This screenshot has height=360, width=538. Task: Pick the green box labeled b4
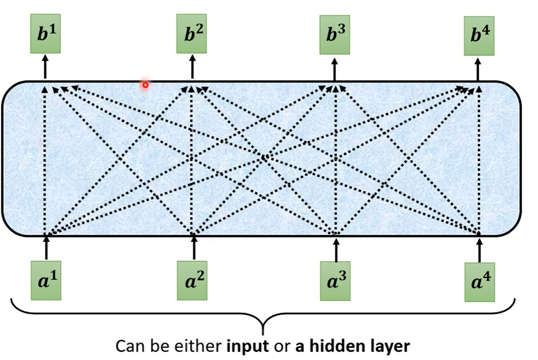(x=479, y=36)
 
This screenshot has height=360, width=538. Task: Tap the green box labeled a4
(x=480, y=281)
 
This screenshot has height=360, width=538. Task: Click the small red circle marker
(x=145, y=85)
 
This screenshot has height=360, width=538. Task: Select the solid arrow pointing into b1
(x=45, y=67)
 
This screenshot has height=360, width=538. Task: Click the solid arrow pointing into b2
(x=192, y=67)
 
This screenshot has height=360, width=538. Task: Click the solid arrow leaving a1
(x=46, y=248)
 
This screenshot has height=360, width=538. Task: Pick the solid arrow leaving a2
(x=193, y=248)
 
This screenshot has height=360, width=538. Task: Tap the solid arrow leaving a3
(x=336, y=248)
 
